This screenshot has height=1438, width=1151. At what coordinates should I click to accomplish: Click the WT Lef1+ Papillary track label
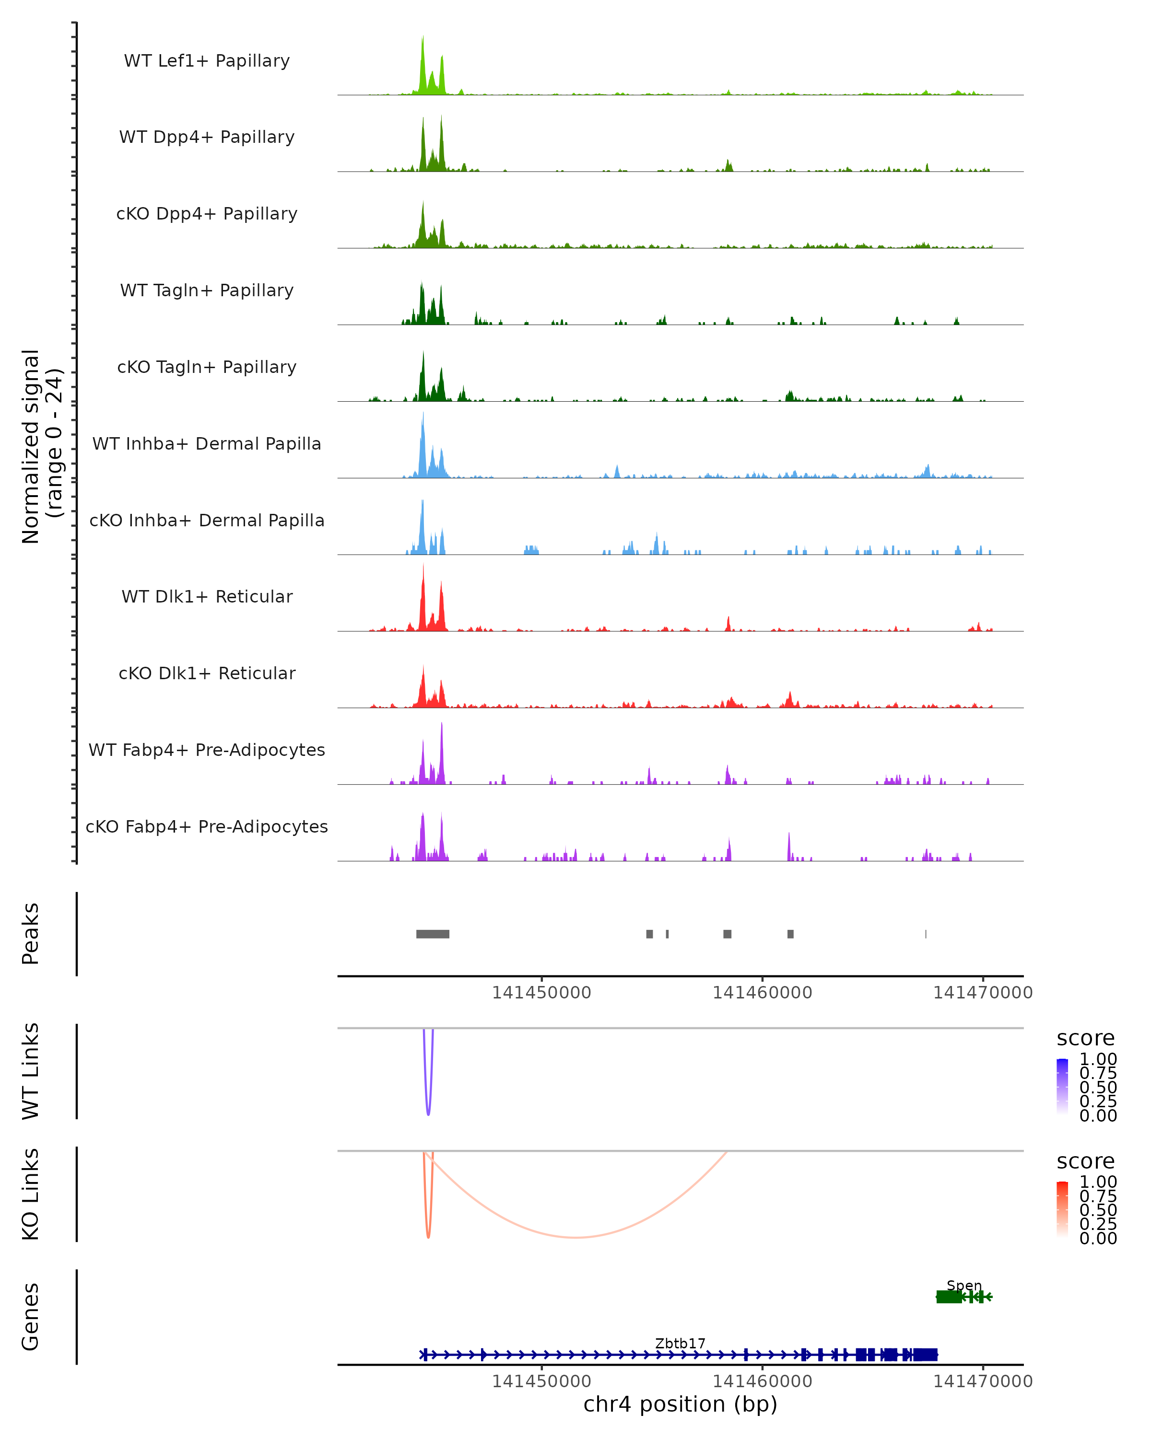point(207,61)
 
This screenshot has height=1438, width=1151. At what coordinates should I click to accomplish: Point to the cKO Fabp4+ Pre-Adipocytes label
point(207,826)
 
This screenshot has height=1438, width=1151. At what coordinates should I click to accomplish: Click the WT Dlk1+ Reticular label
point(207,596)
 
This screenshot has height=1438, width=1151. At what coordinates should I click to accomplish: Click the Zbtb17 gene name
point(680,1343)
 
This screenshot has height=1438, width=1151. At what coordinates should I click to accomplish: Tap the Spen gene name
point(964,1285)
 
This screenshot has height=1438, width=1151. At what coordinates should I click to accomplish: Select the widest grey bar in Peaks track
point(433,934)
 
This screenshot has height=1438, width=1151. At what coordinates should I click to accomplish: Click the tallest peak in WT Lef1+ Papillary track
point(423,39)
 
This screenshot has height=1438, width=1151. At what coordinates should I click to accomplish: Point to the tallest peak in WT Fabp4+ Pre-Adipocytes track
point(441,726)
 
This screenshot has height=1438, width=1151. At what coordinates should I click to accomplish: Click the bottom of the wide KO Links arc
point(575,1237)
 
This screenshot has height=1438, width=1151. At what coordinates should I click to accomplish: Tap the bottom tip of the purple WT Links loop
point(428,1114)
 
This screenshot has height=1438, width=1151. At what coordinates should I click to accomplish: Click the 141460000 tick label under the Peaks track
point(762,993)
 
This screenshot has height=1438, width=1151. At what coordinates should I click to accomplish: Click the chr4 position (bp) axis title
point(680,1404)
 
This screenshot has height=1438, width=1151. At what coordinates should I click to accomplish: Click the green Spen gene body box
point(949,1297)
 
